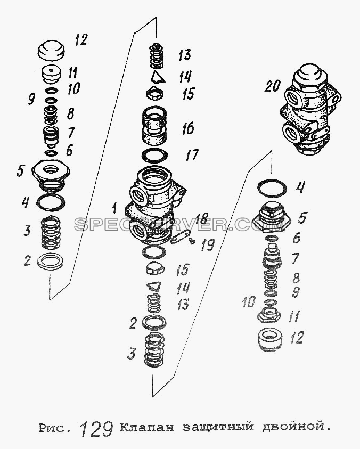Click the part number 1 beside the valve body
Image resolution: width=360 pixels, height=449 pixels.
coord(114,208)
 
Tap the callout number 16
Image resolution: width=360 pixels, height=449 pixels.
coord(188,128)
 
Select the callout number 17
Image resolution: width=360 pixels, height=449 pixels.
coord(192,155)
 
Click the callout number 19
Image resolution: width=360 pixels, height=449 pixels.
coord(207,246)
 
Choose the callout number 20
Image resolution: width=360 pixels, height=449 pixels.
coord(272,86)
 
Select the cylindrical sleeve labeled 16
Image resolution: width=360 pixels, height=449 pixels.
coord(155,125)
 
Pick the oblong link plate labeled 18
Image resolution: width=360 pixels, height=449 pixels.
coord(179,236)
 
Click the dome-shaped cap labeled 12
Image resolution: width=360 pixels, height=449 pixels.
coord(51,51)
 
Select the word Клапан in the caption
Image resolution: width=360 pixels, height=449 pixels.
coord(146,427)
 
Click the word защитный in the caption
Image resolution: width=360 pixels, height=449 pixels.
coord(218,427)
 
